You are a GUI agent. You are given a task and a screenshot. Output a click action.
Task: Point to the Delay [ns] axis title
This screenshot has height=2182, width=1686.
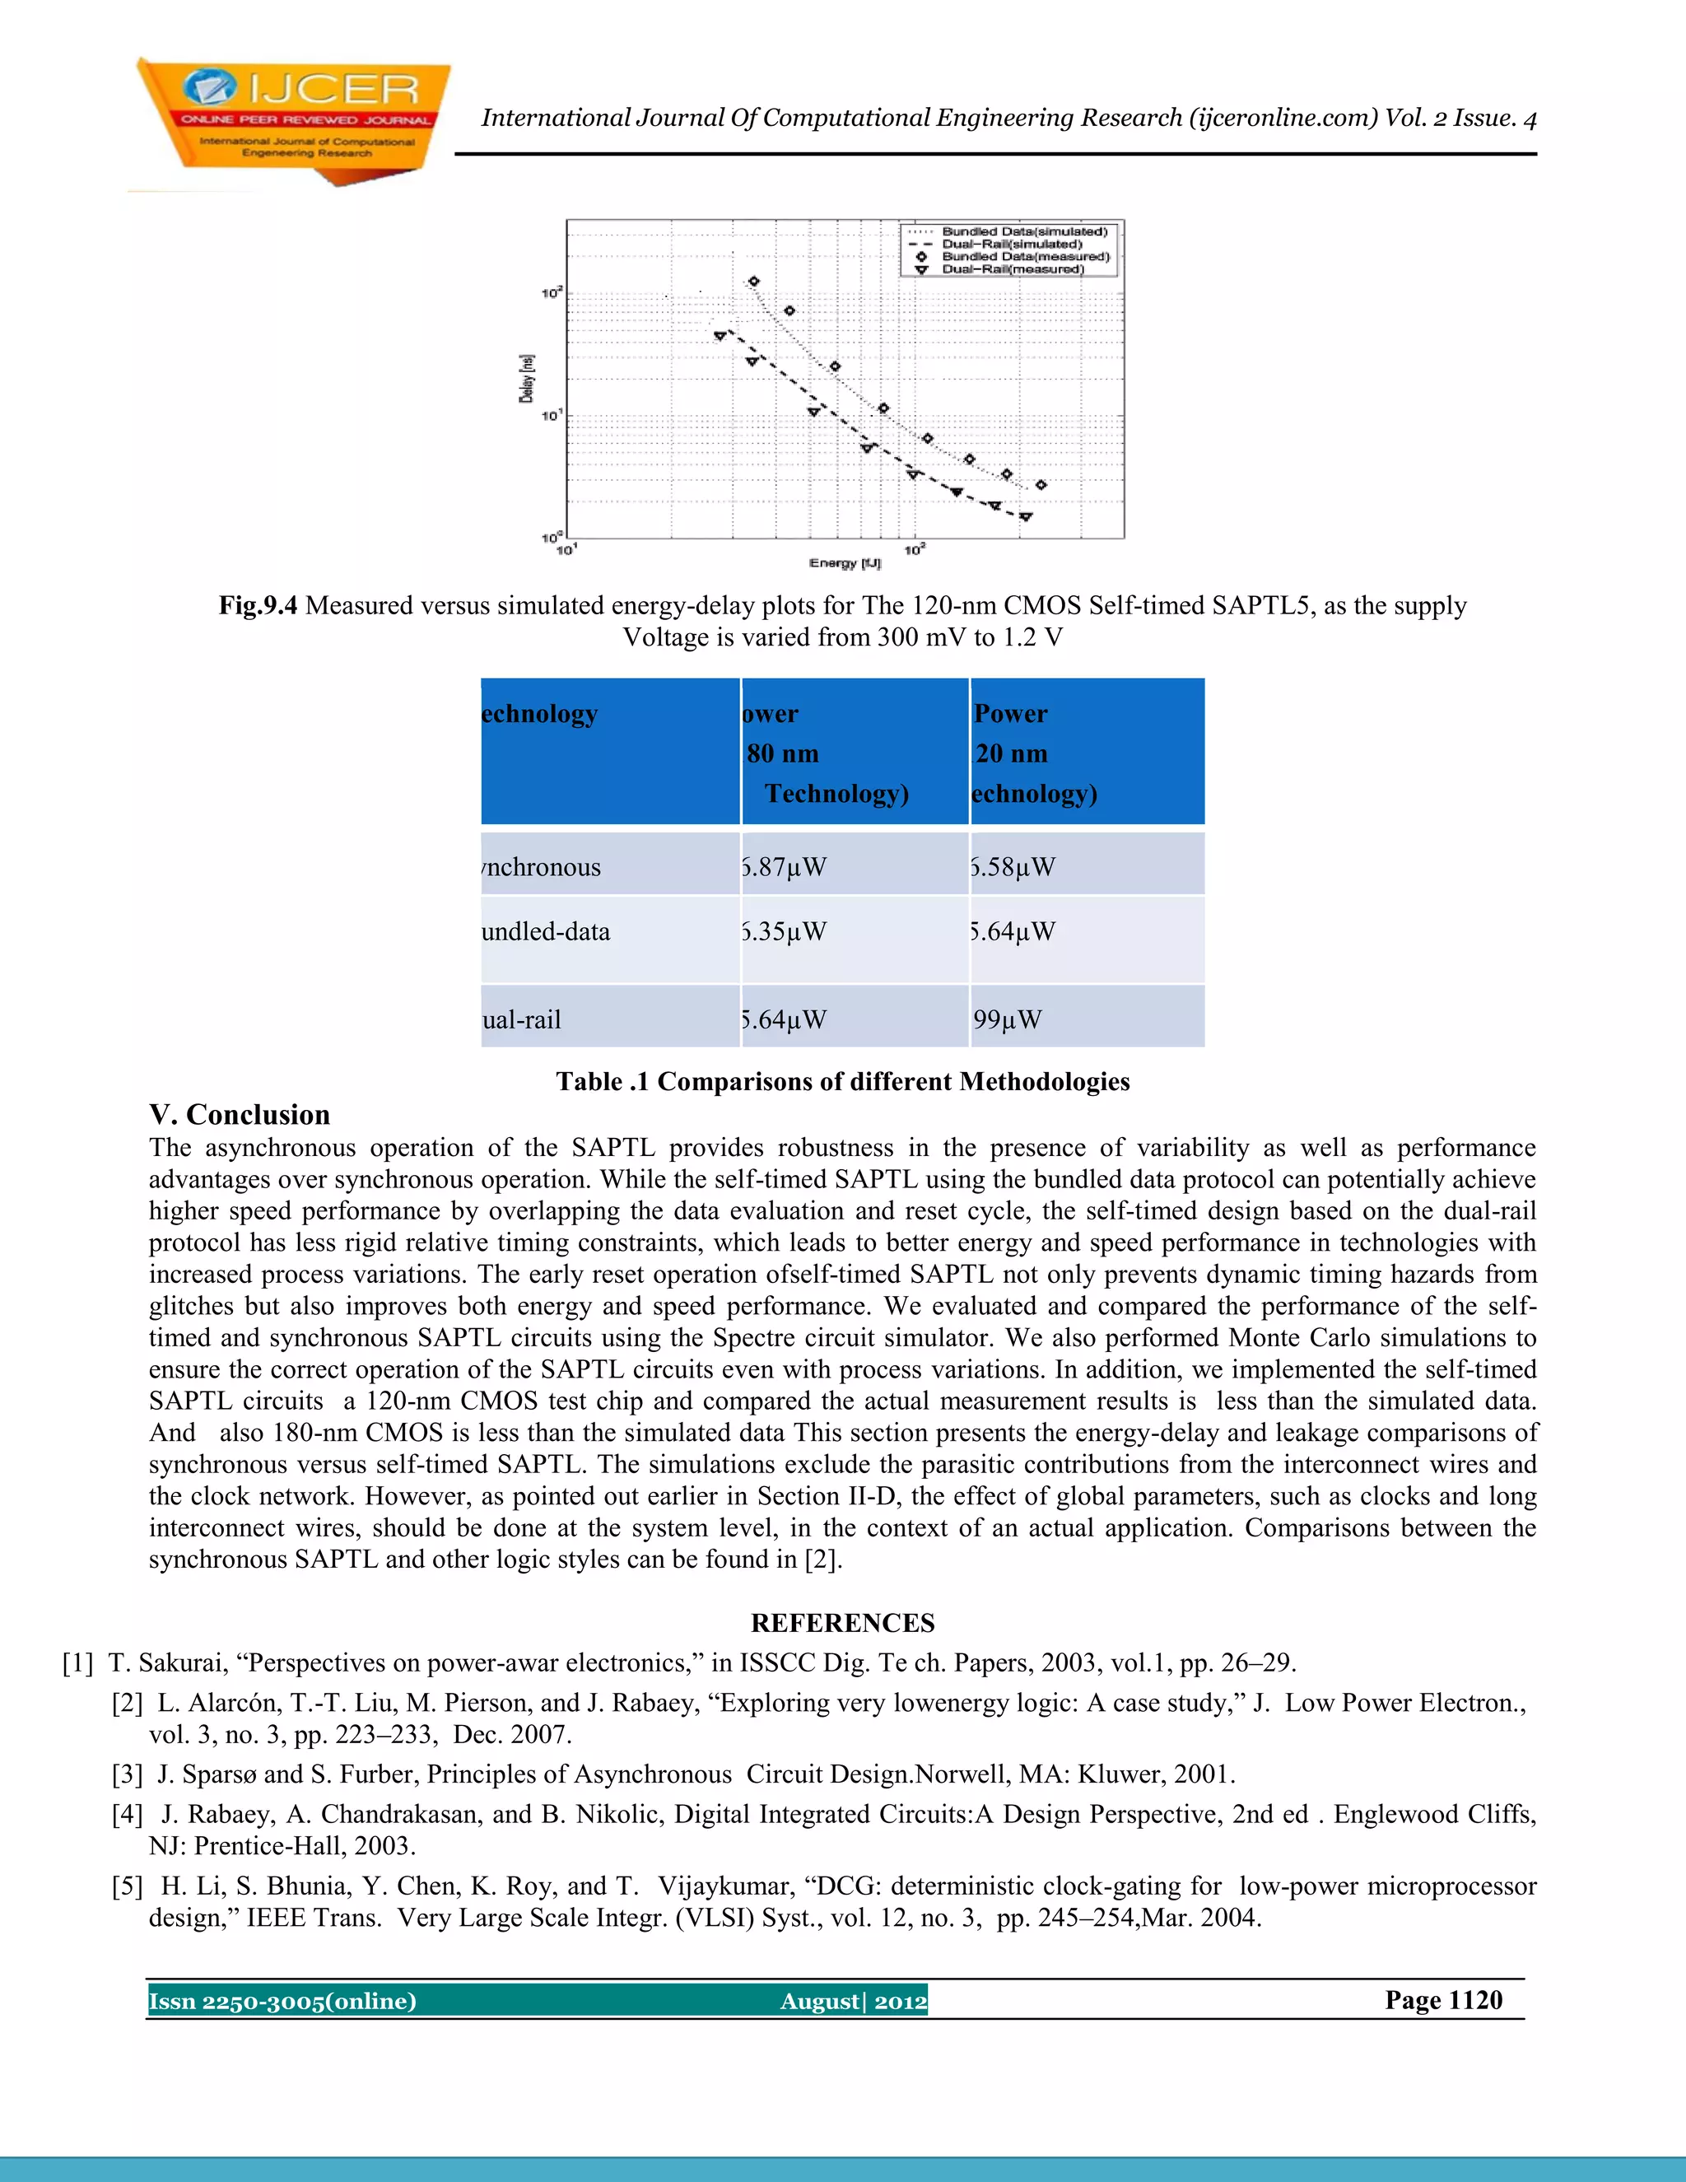coord(526,379)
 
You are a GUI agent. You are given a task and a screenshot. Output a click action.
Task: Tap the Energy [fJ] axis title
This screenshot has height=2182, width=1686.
coord(845,563)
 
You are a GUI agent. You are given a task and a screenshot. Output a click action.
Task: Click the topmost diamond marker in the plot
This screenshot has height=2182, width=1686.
coord(754,282)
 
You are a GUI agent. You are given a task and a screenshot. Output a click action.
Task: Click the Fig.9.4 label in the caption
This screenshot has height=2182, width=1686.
coord(258,605)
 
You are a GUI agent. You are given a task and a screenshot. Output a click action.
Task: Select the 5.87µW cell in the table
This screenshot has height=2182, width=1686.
coord(785,867)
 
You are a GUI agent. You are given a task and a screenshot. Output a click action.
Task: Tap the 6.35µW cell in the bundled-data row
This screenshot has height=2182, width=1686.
coord(785,932)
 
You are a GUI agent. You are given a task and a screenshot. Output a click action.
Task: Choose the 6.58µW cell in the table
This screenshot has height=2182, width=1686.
coord(1013,867)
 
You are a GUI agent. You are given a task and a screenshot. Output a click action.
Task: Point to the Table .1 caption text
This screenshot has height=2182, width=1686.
coord(843,1082)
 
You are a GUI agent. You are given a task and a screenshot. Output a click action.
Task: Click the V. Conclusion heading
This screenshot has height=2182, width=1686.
coord(240,1115)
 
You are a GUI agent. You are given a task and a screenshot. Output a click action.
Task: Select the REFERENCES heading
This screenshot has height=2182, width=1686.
coord(843,1623)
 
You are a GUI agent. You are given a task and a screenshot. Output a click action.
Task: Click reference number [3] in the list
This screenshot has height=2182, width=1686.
coord(127,1774)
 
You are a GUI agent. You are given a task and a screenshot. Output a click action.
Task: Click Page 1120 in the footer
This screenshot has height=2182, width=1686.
coord(1443,2000)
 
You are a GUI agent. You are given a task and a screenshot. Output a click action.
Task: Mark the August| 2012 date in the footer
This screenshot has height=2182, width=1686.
coord(853,2001)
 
